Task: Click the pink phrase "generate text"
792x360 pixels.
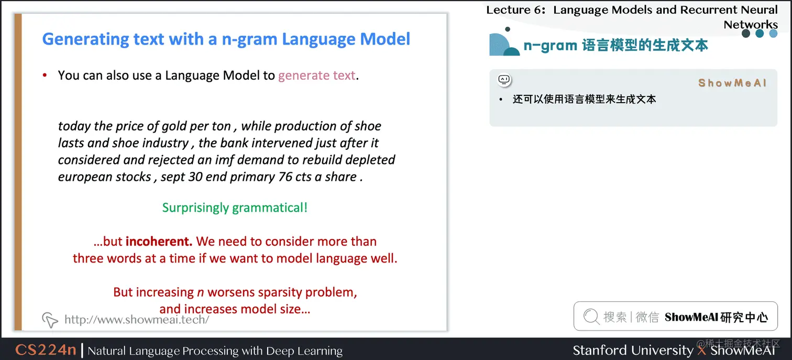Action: click(316, 75)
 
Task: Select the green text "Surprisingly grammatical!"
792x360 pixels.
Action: click(235, 208)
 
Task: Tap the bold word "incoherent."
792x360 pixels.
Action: click(159, 242)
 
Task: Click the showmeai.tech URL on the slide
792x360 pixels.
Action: click(136, 319)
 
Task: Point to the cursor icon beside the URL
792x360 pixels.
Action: click(50, 319)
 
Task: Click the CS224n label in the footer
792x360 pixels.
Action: click(46, 350)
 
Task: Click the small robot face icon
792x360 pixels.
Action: click(504, 80)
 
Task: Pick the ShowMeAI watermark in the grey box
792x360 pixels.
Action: click(732, 83)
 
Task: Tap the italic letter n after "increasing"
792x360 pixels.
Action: click(200, 292)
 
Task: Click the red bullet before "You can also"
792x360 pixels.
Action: click(45, 76)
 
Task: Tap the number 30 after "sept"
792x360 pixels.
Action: click(195, 177)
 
